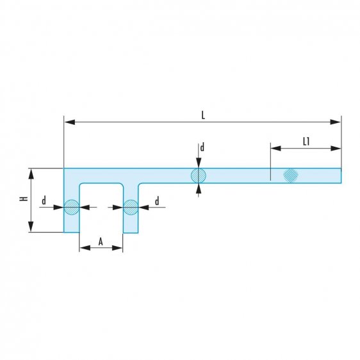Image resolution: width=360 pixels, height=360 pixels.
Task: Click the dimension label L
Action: point(202,115)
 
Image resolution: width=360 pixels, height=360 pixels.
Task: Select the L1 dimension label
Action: point(306,142)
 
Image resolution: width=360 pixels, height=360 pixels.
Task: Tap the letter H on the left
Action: point(23,199)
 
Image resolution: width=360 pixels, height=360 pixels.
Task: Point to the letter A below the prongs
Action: point(101,241)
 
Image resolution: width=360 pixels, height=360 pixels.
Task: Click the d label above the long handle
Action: point(202,148)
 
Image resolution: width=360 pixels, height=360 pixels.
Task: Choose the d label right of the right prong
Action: point(156,201)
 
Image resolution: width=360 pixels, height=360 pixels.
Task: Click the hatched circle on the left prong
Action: point(71,207)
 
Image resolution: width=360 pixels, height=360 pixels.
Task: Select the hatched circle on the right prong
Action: point(131,207)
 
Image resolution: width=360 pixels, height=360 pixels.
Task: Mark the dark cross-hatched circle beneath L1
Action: point(291,174)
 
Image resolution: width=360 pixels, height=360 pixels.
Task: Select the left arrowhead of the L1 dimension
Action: point(274,148)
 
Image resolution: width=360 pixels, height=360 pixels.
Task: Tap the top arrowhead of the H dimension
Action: point(29,172)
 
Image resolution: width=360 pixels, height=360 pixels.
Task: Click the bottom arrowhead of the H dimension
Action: point(29,229)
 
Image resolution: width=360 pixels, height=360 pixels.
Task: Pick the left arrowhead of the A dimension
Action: point(83,248)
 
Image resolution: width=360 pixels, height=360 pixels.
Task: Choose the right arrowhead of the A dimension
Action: point(119,248)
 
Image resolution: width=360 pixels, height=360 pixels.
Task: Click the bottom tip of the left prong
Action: point(71,232)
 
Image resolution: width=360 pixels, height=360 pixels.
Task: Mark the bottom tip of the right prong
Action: point(131,232)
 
